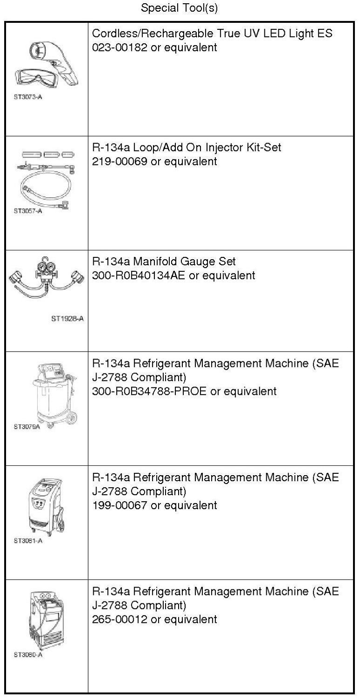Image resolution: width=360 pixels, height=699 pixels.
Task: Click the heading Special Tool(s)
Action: click(x=179, y=8)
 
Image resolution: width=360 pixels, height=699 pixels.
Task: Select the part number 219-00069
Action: click(x=119, y=161)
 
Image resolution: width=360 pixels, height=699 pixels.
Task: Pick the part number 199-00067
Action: click(x=119, y=505)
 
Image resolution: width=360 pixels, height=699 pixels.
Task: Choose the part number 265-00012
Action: click(x=119, y=619)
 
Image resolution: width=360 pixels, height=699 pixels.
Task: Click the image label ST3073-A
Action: click(x=26, y=98)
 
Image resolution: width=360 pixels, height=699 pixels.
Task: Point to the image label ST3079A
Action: click(x=25, y=426)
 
